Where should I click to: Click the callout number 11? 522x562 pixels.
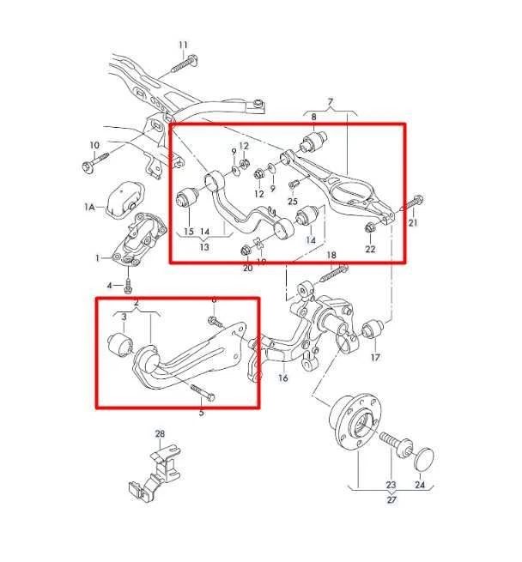182,44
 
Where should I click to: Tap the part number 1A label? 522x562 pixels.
89,207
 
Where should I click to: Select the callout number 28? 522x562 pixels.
159,434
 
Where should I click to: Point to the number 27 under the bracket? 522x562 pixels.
391,499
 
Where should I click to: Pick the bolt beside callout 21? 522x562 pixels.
410,203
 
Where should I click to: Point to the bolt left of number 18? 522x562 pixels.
330,275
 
